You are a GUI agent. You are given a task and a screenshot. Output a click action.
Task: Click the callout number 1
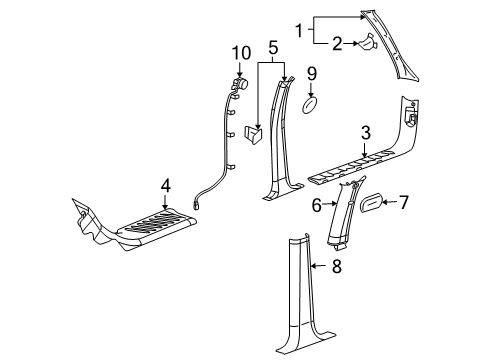298,32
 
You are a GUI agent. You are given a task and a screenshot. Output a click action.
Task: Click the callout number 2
337,43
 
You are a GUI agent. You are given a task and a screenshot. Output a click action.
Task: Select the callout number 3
367,132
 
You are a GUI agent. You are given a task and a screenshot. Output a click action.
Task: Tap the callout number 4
166,184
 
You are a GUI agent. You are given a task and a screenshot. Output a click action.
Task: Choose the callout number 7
404,203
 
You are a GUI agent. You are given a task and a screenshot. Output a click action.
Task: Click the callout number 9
311,73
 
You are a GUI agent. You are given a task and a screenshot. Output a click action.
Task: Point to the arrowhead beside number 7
387,203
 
